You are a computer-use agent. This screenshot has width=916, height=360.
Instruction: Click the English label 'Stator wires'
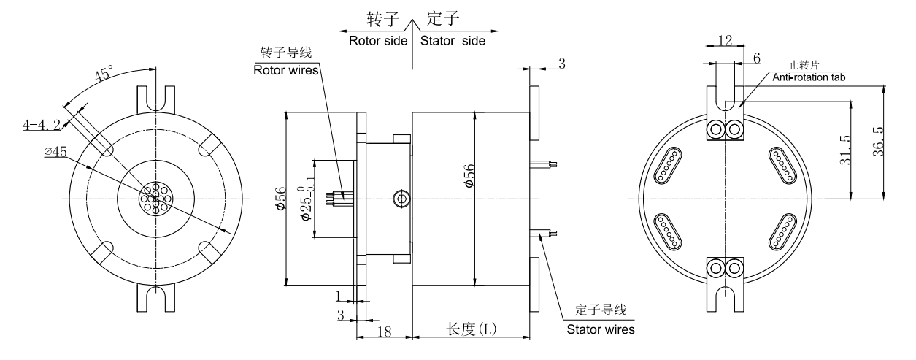(x=601, y=329)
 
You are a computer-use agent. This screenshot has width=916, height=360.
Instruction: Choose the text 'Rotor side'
(x=377, y=41)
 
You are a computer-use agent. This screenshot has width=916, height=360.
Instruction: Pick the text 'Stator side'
(x=453, y=41)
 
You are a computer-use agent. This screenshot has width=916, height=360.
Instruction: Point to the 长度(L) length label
(x=472, y=329)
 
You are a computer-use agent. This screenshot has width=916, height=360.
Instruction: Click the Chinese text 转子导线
(x=282, y=55)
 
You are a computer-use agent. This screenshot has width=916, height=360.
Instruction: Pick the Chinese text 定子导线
(x=601, y=312)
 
